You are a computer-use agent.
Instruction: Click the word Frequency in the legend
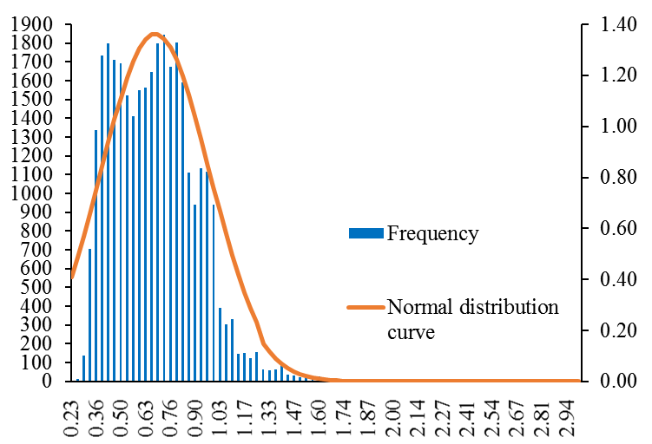point(432,233)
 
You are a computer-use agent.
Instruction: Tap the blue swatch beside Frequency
point(366,233)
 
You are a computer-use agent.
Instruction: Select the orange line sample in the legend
point(366,308)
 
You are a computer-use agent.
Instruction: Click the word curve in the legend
point(411,331)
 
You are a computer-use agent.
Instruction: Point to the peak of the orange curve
point(154,34)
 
